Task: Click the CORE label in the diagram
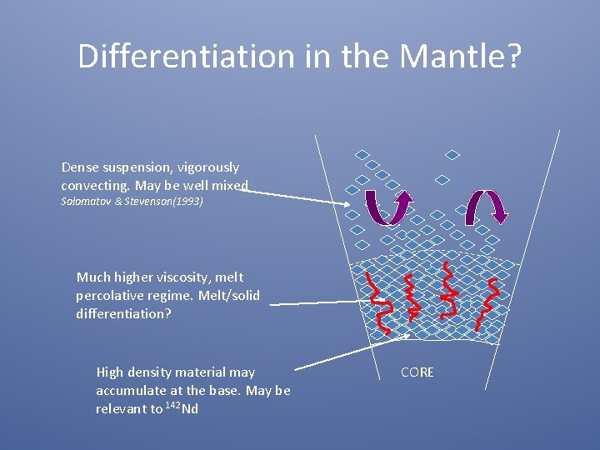coord(417,372)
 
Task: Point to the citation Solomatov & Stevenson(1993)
coord(132,202)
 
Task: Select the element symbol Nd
coord(190,408)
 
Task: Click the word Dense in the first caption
coord(81,167)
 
